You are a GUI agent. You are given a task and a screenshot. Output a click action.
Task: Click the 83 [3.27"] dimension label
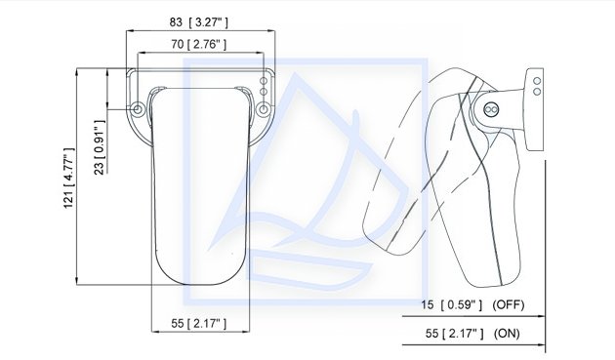(x=198, y=22)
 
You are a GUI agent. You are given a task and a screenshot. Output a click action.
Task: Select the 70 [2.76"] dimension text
(x=198, y=44)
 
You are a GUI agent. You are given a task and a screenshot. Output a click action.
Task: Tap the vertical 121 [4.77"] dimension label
(x=69, y=179)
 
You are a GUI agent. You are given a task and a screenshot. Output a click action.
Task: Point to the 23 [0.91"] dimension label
(x=100, y=147)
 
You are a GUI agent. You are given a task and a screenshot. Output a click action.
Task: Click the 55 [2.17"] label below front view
(x=198, y=324)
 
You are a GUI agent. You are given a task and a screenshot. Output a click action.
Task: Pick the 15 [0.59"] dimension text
(x=451, y=304)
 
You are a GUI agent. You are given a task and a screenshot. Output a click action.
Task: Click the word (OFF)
(x=509, y=304)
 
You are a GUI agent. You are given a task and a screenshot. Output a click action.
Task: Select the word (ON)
(x=507, y=334)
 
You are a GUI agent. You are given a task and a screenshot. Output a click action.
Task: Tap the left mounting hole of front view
(x=138, y=109)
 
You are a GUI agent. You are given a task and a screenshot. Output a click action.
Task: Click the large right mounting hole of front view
(x=264, y=109)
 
